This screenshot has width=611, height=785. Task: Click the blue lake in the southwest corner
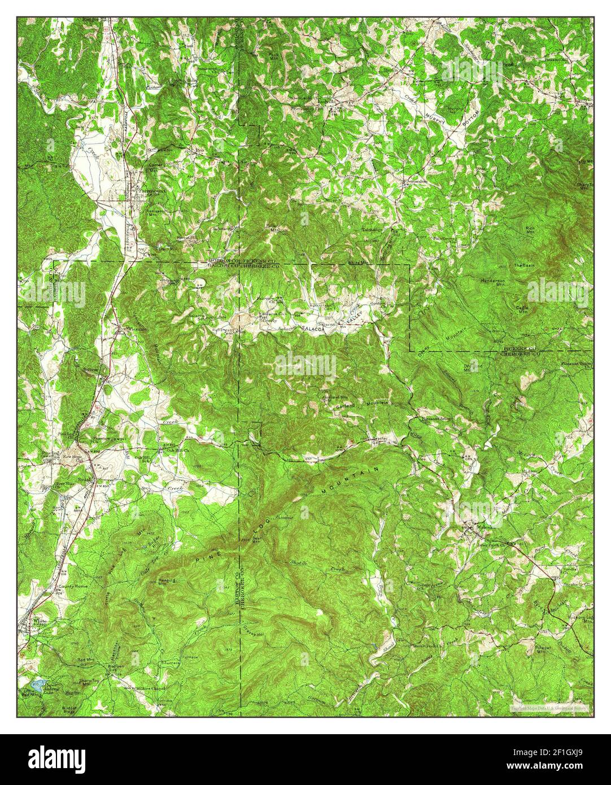click(x=33, y=684)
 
